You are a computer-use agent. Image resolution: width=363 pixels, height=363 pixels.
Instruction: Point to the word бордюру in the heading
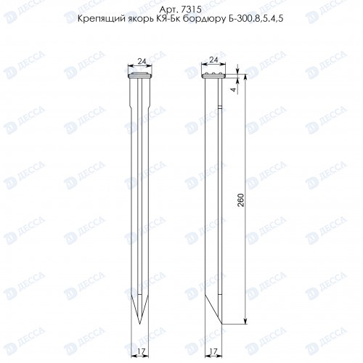pyautogui.click(x=204, y=19)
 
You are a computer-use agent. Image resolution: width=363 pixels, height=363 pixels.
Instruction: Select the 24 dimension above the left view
pyautogui.click(x=142, y=62)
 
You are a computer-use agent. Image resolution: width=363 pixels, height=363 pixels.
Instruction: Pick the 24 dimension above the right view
pyautogui.click(x=213, y=60)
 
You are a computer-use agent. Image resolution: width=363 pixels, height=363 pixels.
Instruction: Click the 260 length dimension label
pyautogui.click(x=241, y=200)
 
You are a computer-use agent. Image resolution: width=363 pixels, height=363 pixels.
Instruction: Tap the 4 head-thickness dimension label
pyautogui.click(x=233, y=89)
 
